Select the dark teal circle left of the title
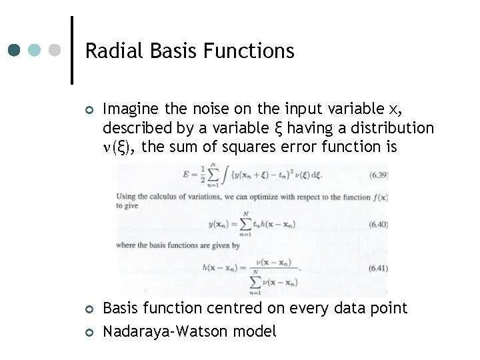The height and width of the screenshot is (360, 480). coord(15,50)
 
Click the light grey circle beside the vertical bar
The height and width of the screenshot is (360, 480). coord(56,50)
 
